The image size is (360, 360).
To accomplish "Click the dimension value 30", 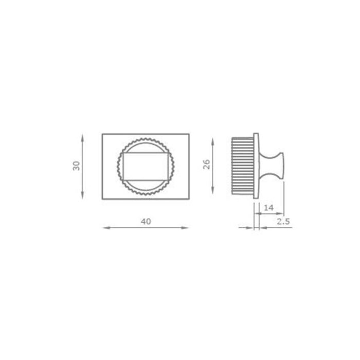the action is (77, 166).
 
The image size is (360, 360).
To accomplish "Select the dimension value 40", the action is (146, 221).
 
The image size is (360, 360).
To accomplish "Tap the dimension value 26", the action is (206, 165).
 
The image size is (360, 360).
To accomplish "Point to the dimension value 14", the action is (268, 208).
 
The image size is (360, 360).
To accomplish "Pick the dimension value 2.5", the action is (283, 222).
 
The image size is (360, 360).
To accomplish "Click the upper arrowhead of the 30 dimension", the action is (83, 138).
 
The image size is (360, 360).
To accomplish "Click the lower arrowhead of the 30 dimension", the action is (83, 195).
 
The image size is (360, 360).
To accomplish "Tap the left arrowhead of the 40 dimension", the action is (107, 228).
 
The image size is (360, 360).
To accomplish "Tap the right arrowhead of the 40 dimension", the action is (185, 228).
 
